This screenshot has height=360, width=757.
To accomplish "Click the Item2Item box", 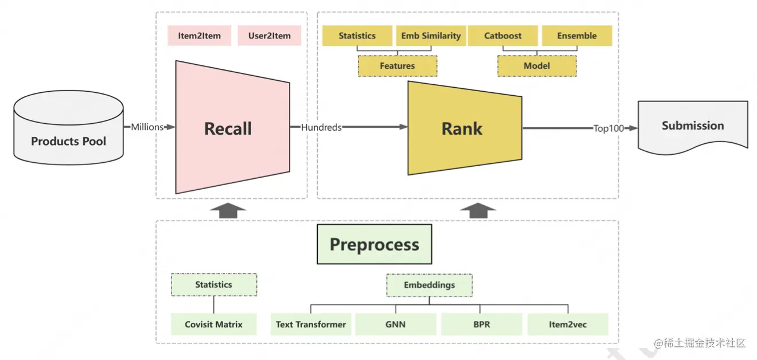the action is [x=200, y=36].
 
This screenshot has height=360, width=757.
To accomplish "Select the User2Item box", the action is [x=270, y=36].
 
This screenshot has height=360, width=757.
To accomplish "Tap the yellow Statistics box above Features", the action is [x=357, y=36].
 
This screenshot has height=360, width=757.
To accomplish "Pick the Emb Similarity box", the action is [x=431, y=36].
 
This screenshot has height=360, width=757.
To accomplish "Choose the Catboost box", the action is [x=503, y=36].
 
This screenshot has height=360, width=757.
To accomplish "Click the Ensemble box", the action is [x=577, y=36].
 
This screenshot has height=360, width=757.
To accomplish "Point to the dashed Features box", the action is [x=397, y=66].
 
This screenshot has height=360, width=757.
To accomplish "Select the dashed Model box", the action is [x=537, y=66].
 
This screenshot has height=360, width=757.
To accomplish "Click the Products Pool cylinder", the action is [x=69, y=128].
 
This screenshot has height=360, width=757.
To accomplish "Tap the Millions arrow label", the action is [x=147, y=127].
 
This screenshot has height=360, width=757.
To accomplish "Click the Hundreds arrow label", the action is [x=321, y=127].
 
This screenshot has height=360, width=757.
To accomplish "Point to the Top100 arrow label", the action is [x=608, y=128].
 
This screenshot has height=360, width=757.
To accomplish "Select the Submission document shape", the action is [x=693, y=127].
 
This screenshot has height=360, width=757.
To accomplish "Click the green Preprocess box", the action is [x=374, y=244].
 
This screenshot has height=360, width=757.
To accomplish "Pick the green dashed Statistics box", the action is [x=214, y=285].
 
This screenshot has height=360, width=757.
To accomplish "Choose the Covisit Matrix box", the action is [x=213, y=324].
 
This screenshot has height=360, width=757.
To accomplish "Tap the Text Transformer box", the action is [x=311, y=324].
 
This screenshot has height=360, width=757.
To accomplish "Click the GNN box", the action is [x=395, y=324].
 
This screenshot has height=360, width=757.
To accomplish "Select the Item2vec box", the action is [x=568, y=324].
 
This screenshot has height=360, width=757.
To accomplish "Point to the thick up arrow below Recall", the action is [x=228, y=211].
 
